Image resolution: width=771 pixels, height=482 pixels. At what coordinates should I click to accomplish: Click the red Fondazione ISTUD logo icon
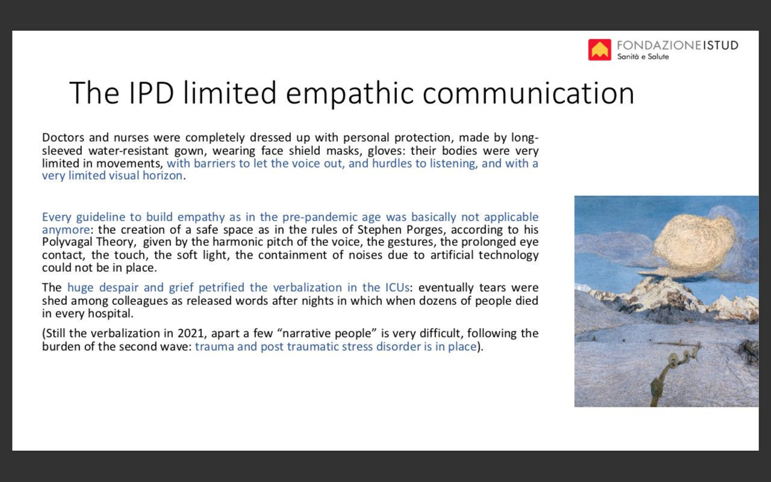click(599, 49)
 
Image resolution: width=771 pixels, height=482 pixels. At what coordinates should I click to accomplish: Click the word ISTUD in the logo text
click(720, 45)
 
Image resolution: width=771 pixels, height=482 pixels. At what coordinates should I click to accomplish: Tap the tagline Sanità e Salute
click(643, 57)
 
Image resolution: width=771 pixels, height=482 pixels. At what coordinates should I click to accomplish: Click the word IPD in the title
click(151, 93)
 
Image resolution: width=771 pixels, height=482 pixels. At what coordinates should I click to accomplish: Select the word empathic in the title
click(349, 93)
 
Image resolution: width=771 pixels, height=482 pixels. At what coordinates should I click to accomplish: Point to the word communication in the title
click(528, 93)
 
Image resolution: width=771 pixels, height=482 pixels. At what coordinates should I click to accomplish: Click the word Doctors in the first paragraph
click(63, 137)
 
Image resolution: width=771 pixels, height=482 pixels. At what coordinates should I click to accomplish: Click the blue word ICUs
click(396, 287)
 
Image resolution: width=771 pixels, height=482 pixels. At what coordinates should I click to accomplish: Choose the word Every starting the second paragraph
click(57, 218)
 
